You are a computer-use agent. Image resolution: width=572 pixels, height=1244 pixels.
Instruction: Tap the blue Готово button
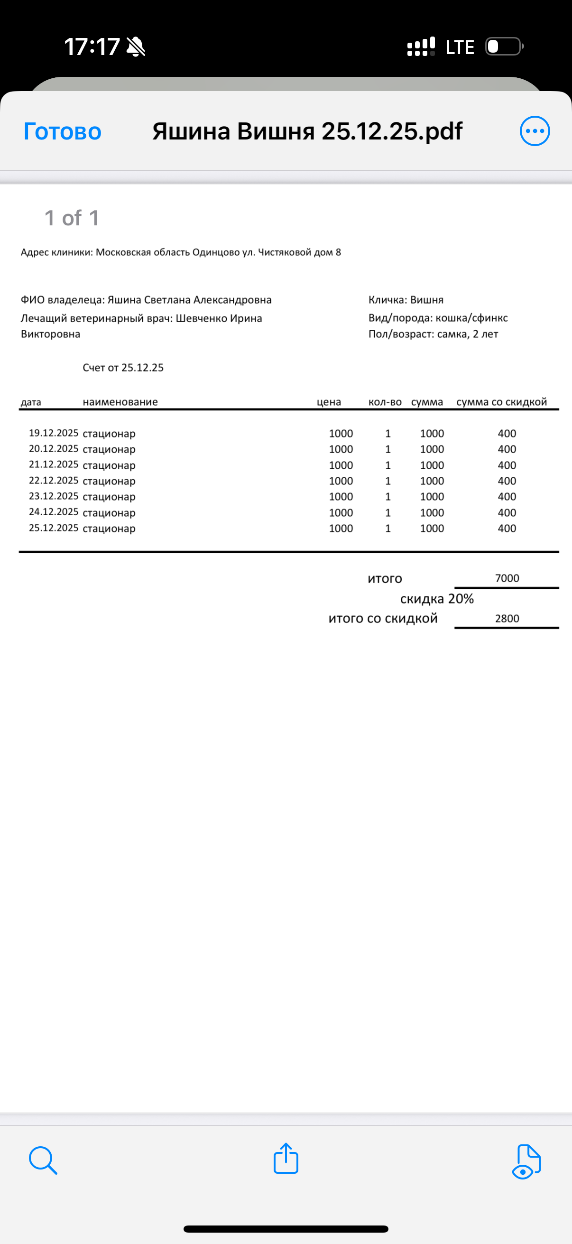click(62, 131)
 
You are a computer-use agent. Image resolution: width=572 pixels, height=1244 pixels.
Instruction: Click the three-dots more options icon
click(535, 131)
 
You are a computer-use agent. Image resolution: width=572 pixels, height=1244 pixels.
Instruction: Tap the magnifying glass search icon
click(43, 1160)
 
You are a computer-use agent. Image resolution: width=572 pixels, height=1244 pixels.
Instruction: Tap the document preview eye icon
click(526, 1161)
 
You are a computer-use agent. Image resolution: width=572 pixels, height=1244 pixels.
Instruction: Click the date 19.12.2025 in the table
click(54, 433)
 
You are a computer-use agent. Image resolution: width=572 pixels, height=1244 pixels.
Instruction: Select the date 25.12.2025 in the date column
click(54, 528)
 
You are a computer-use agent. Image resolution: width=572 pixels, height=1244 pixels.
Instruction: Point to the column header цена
click(329, 402)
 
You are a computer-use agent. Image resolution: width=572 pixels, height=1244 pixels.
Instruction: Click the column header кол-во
click(385, 402)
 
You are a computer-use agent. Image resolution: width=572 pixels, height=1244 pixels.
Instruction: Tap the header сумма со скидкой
click(501, 402)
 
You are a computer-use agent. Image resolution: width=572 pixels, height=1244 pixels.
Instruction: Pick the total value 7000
click(507, 578)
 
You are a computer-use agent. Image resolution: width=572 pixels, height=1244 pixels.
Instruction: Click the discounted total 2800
click(507, 619)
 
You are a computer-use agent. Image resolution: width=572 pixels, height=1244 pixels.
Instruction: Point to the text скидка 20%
click(437, 599)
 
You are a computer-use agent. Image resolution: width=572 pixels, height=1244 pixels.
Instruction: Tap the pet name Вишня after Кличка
click(427, 300)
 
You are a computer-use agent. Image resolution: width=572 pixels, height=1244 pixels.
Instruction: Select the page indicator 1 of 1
click(72, 218)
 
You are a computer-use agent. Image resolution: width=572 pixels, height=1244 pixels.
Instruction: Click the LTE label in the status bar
click(460, 47)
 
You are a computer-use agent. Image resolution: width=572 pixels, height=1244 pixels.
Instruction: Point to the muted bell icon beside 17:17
click(136, 47)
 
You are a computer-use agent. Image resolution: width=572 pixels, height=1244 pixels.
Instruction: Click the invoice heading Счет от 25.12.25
click(123, 368)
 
